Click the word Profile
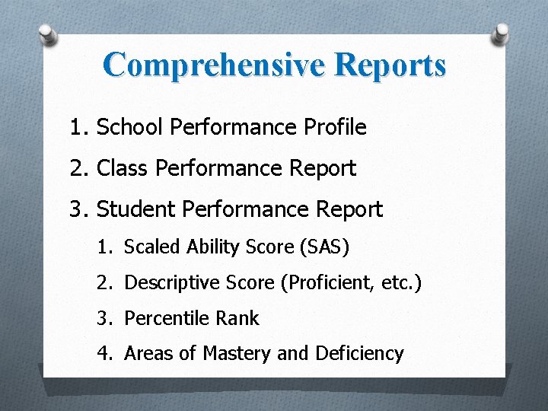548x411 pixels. (x=336, y=127)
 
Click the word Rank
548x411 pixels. (x=237, y=318)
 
